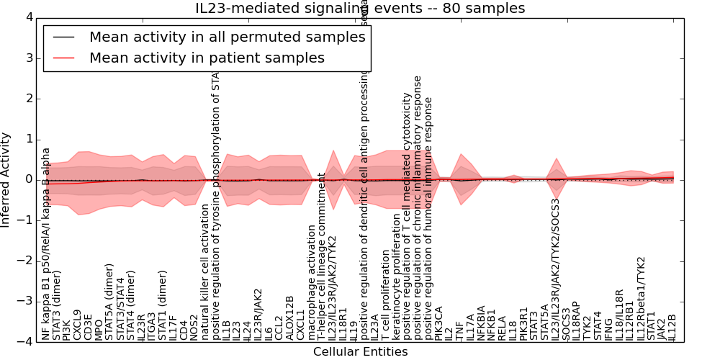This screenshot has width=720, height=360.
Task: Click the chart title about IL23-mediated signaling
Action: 360,9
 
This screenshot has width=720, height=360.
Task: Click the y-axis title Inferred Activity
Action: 6,179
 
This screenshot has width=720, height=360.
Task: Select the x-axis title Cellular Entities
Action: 360,351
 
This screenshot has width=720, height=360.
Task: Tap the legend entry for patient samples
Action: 207,58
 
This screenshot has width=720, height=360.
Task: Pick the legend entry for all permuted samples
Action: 227,37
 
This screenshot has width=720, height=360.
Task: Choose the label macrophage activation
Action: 312,282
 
